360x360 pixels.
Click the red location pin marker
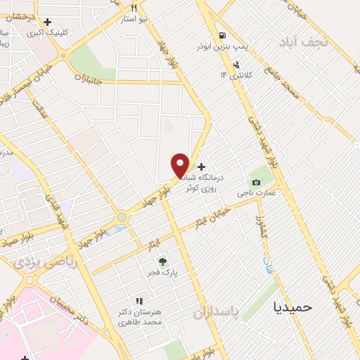(x=180, y=165)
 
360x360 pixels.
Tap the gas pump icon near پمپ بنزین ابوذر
(x=222, y=36)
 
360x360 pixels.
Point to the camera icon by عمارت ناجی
(x=256, y=183)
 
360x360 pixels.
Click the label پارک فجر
(x=162, y=272)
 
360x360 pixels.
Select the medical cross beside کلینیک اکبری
(x=48, y=22)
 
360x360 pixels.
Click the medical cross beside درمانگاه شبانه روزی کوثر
(x=202, y=167)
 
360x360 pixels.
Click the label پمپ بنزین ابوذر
(x=224, y=47)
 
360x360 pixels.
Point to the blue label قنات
(x=268, y=266)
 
